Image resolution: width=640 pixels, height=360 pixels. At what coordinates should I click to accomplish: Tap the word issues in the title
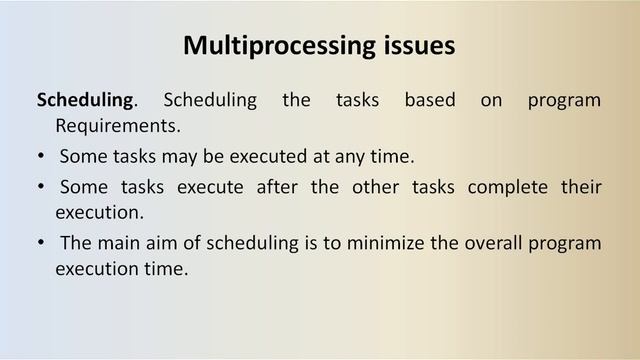tap(417, 46)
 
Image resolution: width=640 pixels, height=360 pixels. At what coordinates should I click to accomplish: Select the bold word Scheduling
tap(84, 101)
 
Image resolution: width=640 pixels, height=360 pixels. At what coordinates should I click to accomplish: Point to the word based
tap(430, 101)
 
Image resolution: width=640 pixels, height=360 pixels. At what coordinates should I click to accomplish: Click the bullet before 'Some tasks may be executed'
tap(40, 158)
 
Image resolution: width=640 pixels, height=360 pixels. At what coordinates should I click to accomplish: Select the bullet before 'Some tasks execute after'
tap(40, 188)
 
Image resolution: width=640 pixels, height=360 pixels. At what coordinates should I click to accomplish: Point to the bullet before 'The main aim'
tap(40, 244)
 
